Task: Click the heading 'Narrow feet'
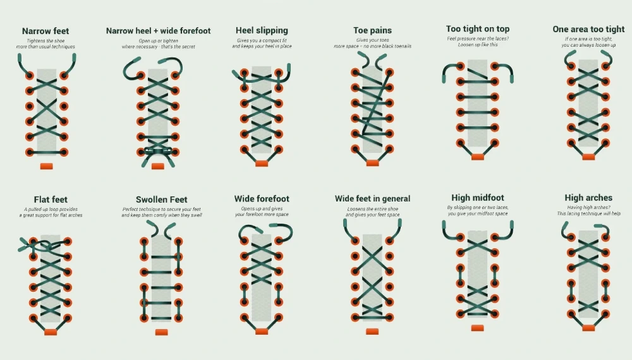coord(46,31)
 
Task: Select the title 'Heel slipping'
coord(262,30)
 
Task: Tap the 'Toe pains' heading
coord(372,30)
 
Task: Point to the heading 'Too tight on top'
coord(478,29)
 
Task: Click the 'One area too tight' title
coord(588,30)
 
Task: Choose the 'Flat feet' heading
coord(51,200)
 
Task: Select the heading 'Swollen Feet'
coord(162,200)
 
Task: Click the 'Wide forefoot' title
coord(262,199)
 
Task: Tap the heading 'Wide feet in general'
coord(372,199)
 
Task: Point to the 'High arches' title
coord(588,198)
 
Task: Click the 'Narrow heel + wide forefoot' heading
coord(159,31)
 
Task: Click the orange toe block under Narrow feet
coord(46,166)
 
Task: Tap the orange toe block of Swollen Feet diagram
coord(161,332)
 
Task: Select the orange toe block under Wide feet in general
coord(372,332)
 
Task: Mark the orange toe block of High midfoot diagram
coord(478,328)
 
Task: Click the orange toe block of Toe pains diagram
coord(372,163)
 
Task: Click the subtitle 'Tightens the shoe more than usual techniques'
coord(46,44)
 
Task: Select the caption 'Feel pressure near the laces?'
coord(478,39)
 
